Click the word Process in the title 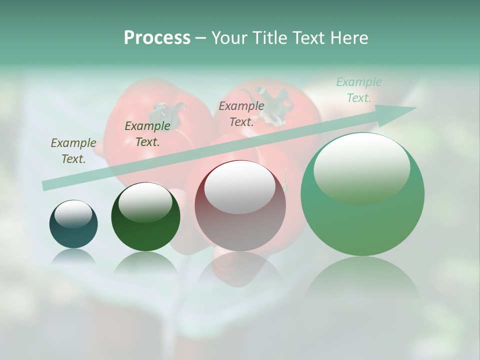tap(157, 38)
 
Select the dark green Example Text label tap(147, 134)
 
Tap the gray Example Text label tap(241, 113)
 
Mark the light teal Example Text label tap(358, 90)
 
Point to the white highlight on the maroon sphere tap(240, 187)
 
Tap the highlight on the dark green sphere tap(145, 202)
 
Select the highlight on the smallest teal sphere tap(73, 214)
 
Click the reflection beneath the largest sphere tap(362, 275)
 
